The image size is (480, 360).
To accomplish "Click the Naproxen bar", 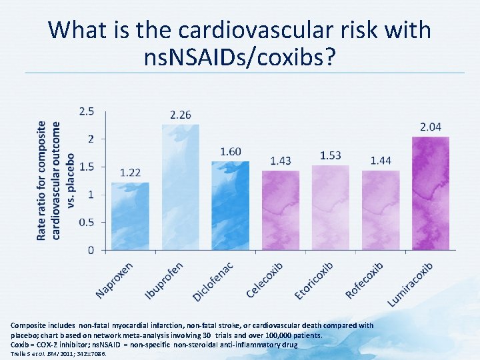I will pyautogui.click(x=130, y=216).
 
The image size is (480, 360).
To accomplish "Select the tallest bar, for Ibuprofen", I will pyautogui.click(x=180, y=187).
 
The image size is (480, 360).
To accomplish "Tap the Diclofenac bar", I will pyautogui.click(x=230, y=205).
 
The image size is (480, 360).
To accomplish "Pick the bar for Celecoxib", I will pyautogui.click(x=280, y=210).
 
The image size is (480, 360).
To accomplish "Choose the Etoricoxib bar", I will pyautogui.click(x=331, y=207).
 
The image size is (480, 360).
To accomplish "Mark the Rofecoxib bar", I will pyautogui.click(x=381, y=210).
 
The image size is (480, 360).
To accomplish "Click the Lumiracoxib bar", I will pyautogui.click(x=430, y=193).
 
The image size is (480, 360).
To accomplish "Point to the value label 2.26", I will pyautogui.click(x=180, y=115).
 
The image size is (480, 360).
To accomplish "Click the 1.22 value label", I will pyautogui.click(x=130, y=173).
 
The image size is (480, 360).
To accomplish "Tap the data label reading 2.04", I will pyautogui.click(x=430, y=127).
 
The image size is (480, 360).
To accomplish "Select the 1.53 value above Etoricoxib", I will pyautogui.click(x=331, y=155).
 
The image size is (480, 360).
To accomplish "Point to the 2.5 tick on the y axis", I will pyautogui.click(x=87, y=111).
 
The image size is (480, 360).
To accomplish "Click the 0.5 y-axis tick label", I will pyautogui.click(x=87, y=222).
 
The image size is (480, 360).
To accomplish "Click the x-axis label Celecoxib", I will pyautogui.click(x=265, y=280).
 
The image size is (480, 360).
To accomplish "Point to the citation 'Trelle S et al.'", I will pyautogui.click(x=34, y=353).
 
